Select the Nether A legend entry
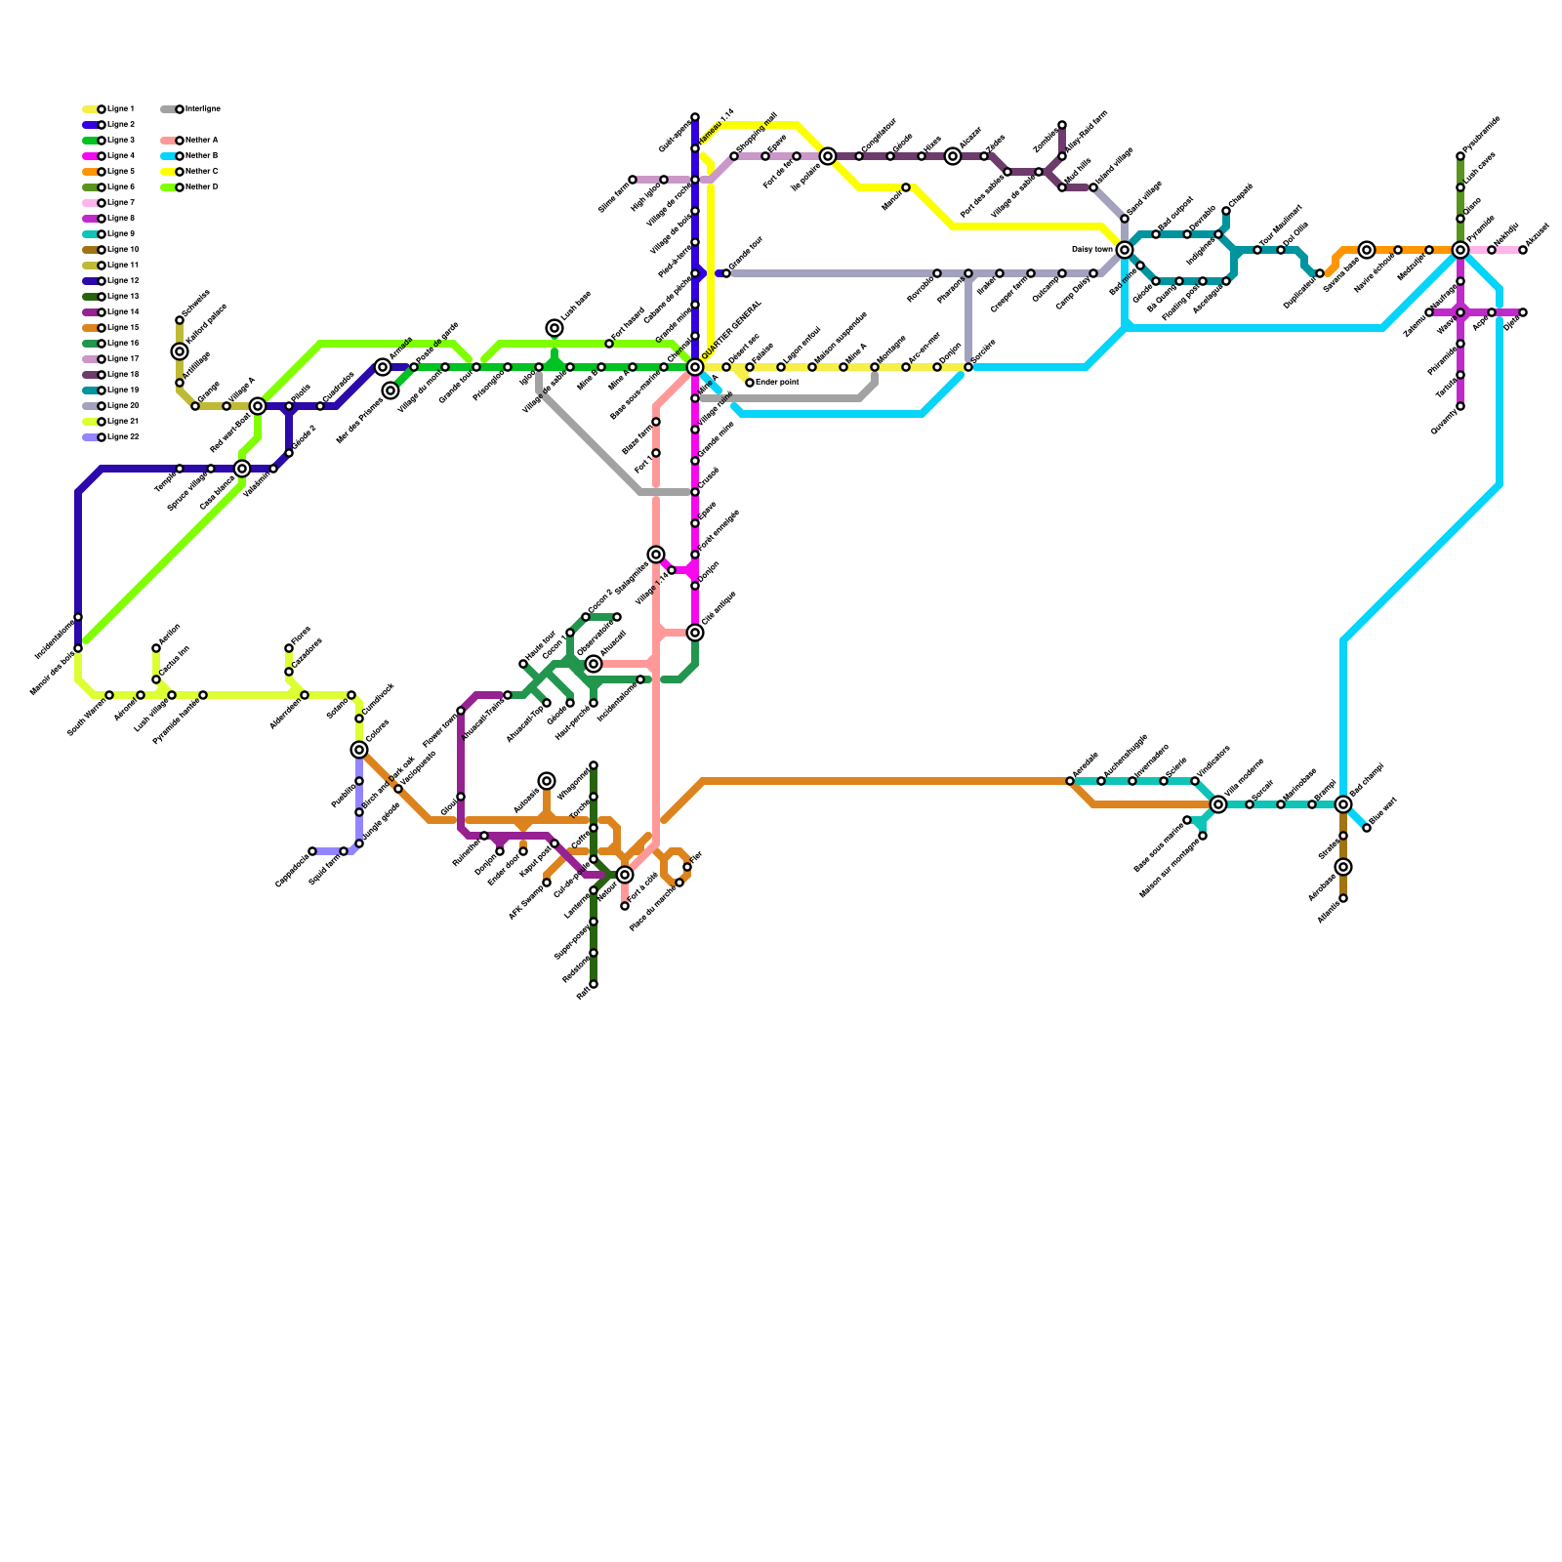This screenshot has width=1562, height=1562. click(x=200, y=141)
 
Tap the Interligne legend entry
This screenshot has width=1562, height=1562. click(x=200, y=109)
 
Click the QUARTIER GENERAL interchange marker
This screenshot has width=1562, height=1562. click(x=695, y=367)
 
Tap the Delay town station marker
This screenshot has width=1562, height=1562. click(x=1125, y=250)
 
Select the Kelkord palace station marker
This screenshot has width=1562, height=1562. click(x=180, y=351)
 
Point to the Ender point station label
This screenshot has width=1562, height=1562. click(x=777, y=383)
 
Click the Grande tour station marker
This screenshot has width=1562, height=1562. click(x=726, y=273)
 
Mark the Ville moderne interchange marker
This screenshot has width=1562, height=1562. click(x=1218, y=804)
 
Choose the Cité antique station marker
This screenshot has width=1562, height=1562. click(x=695, y=633)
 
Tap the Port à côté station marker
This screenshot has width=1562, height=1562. click(x=625, y=906)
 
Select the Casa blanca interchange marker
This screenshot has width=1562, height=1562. click(x=242, y=469)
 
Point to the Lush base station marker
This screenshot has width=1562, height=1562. click(x=555, y=328)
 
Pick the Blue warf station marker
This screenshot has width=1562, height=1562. click(x=1367, y=828)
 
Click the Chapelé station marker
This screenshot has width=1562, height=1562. click(x=1226, y=211)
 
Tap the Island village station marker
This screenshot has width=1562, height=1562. click(x=1093, y=187)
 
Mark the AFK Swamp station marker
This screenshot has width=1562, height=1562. click(x=547, y=883)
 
